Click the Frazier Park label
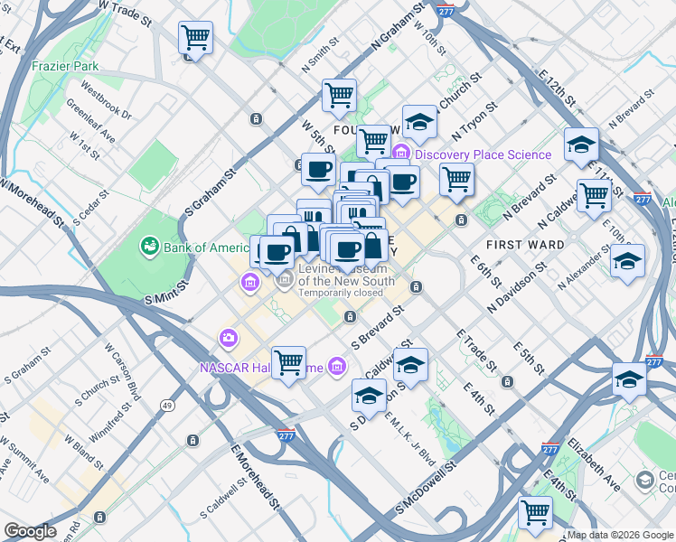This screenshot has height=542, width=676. pyautogui.click(x=64, y=66)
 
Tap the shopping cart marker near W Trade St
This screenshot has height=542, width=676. pyautogui.click(x=194, y=38)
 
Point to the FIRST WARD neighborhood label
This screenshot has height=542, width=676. pyautogui.click(x=525, y=245)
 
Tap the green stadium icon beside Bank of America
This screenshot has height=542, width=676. pyautogui.click(x=148, y=247)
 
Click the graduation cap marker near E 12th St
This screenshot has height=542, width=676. pyautogui.click(x=581, y=144)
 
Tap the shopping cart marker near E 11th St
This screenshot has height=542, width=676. pyautogui.click(x=594, y=194)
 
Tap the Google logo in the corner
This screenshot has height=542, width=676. pyautogui.click(x=31, y=531)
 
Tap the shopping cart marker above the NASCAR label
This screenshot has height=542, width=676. pyautogui.click(x=288, y=362)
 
